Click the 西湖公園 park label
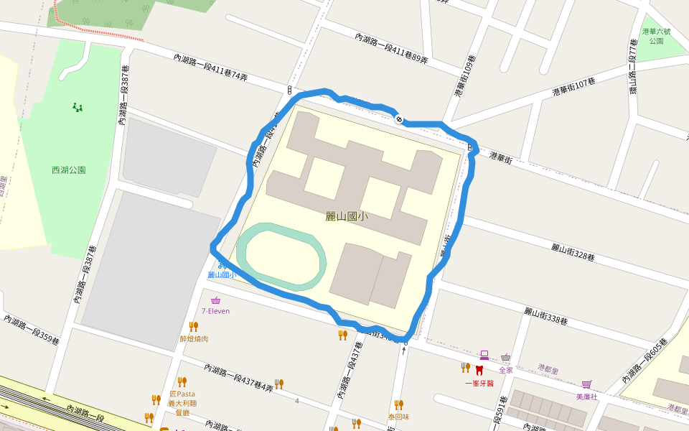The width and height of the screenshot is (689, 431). pyautogui.click(x=69, y=170)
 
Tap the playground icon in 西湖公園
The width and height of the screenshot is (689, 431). pyautogui.click(x=77, y=108)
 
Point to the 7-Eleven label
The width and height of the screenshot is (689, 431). pyautogui.click(x=215, y=311)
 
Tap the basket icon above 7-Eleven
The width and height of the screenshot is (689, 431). pyautogui.click(x=215, y=300)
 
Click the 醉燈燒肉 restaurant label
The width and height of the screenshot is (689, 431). pyautogui.click(x=194, y=338)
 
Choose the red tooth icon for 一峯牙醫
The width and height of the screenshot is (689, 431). pyautogui.click(x=479, y=370)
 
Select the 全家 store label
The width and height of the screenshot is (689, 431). pyautogui.click(x=506, y=370)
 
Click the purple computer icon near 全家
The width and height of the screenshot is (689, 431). pyautogui.click(x=484, y=355)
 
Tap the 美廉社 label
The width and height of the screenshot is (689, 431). pyautogui.click(x=586, y=397)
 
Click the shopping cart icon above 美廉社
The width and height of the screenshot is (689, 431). pyautogui.click(x=587, y=384)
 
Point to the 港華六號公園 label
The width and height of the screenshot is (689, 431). pyautogui.click(x=656, y=36)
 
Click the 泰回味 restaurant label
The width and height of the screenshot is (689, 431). pyautogui.click(x=398, y=416)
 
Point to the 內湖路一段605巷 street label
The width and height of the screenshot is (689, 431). pyautogui.click(x=650, y=359)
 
